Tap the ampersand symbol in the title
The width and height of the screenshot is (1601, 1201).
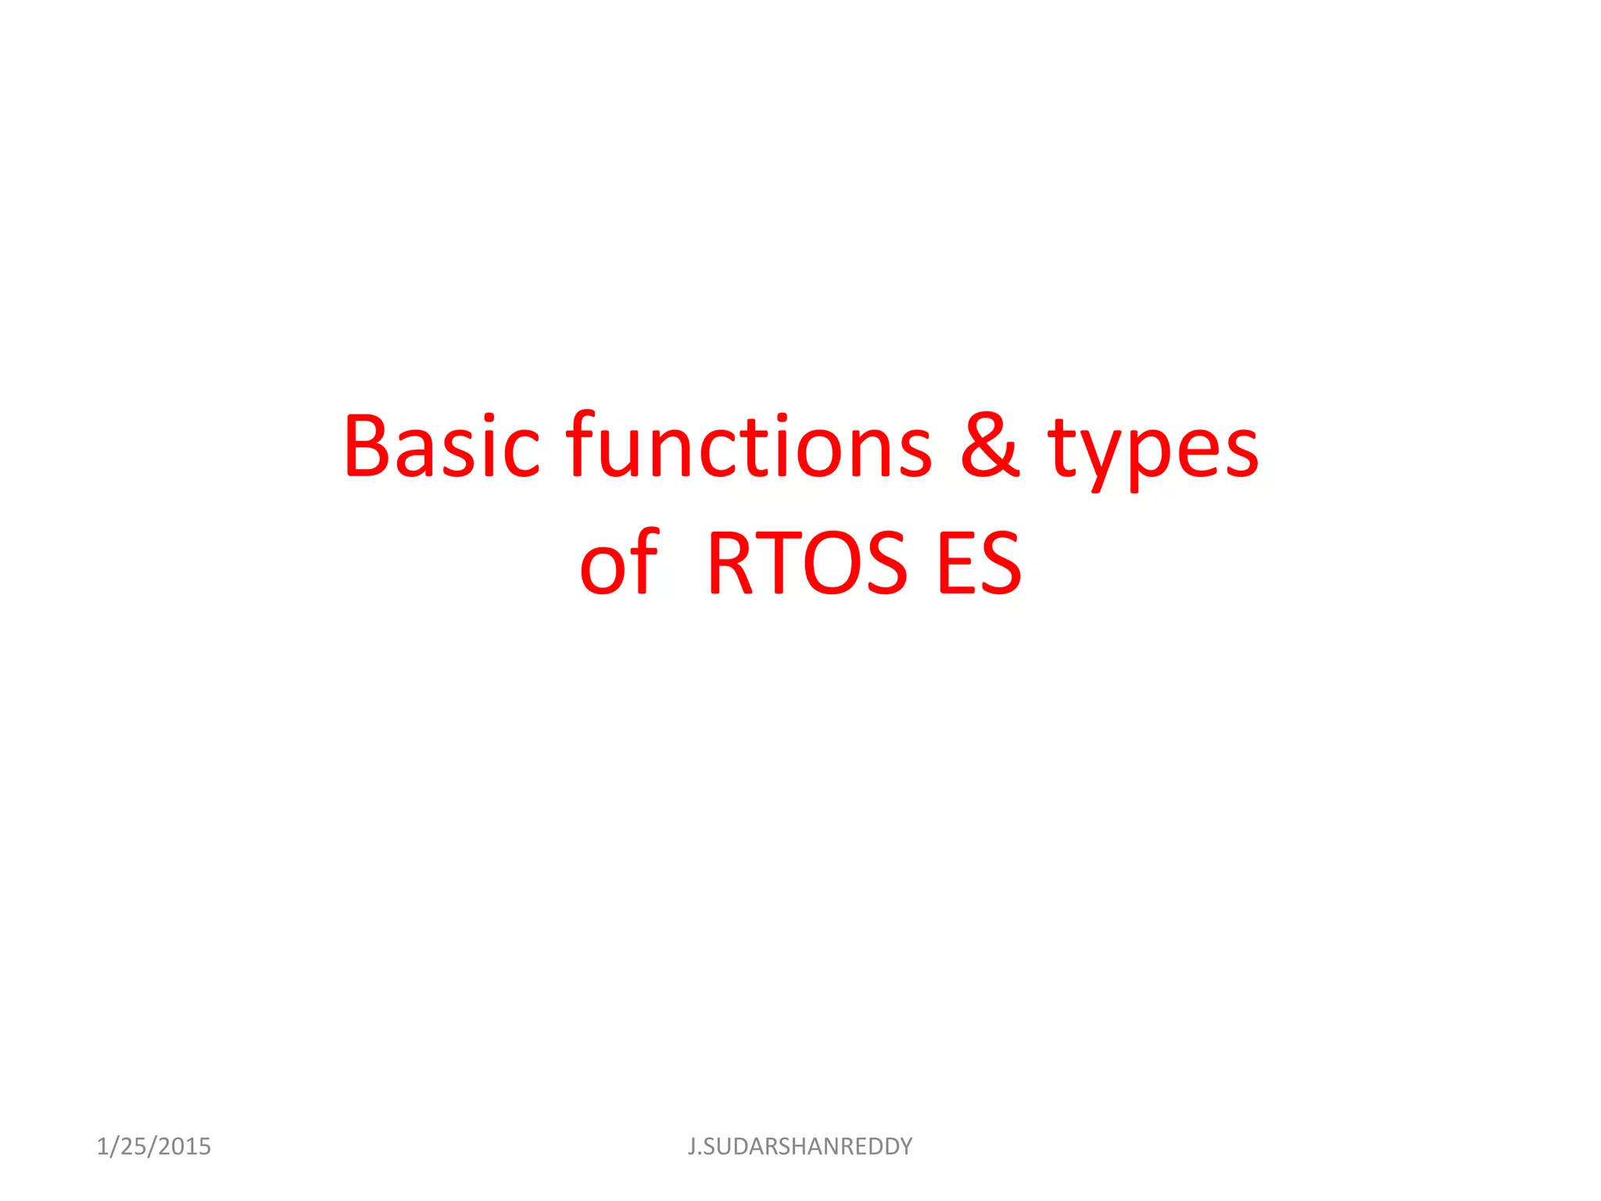[990, 446]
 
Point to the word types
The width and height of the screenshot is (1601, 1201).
[1153, 450]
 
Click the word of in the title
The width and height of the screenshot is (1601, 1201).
[619, 561]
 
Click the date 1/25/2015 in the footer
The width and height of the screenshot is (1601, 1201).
[153, 1146]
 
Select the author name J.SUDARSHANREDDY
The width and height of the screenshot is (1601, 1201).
[800, 1146]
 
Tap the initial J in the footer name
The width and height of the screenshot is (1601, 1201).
[691, 1146]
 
